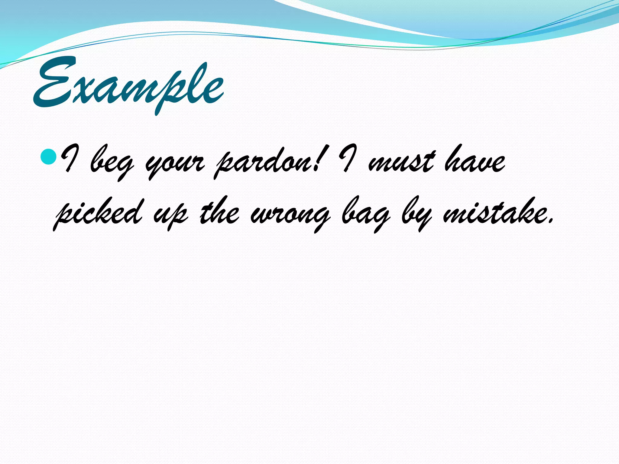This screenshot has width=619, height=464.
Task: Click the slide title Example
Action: [128, 86]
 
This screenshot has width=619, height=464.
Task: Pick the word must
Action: [402, 162]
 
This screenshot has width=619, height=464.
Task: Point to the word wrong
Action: [290, 216]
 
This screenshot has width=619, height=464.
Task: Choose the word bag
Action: [366, 214]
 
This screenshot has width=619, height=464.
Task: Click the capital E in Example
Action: [56, 83]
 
